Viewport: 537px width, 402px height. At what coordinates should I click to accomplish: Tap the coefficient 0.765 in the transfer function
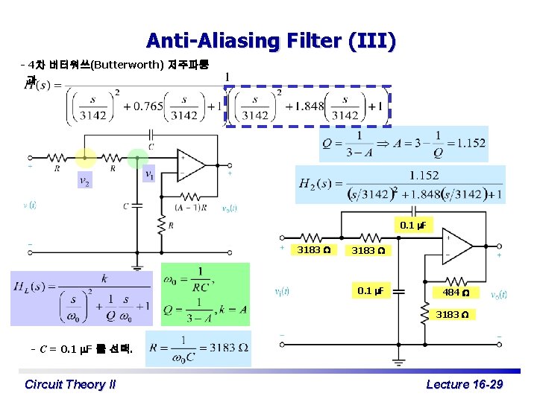point(147,106)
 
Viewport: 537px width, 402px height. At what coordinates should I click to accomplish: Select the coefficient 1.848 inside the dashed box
point(310,106)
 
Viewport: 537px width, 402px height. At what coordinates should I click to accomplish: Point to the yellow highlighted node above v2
point(85,158)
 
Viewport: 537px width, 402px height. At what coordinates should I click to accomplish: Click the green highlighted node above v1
point(137,158)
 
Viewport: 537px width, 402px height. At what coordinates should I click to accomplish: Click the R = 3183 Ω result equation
point(198,348)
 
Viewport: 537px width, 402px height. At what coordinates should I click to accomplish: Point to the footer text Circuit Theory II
point(70,384)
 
